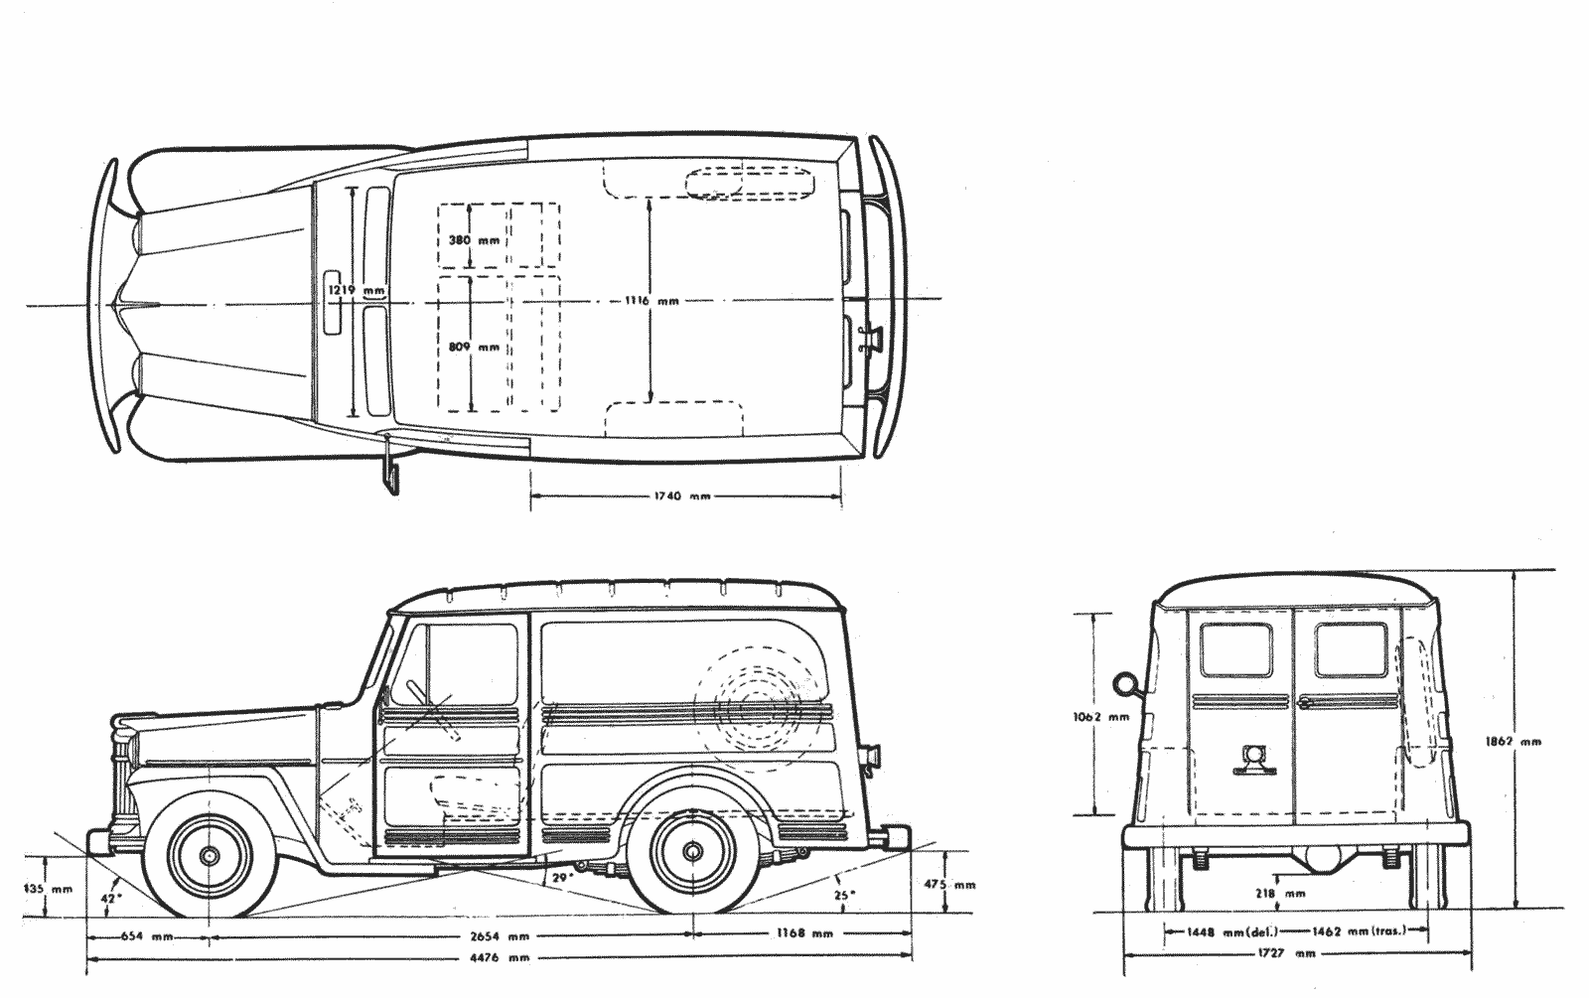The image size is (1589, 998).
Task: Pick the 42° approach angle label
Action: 111,898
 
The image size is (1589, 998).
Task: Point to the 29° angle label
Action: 562,878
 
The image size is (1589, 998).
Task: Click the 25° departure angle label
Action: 843,895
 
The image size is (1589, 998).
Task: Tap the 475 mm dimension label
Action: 949,885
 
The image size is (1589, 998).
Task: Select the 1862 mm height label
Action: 1514,742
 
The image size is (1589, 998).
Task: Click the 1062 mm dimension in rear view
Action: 1100,716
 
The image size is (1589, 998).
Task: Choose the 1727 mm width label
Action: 1286,954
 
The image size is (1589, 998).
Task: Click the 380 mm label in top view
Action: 474,239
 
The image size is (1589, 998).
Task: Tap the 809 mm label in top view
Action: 474,347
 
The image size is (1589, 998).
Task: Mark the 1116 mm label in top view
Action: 651,301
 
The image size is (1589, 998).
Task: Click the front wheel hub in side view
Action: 210,855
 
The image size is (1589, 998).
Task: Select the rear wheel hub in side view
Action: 692,850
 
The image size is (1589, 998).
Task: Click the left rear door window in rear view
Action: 1235,649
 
